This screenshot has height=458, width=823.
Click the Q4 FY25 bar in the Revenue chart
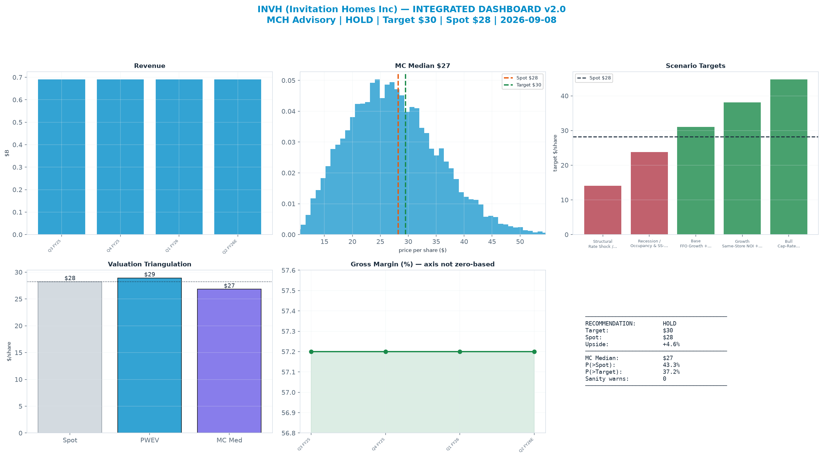tap(120, 157)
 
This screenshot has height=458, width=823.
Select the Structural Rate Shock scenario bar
tap(603, 210)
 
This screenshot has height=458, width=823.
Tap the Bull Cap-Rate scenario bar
tap(788, 157)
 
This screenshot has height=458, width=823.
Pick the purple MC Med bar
tap(229, 361)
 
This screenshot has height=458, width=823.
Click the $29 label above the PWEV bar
tap(150, 275)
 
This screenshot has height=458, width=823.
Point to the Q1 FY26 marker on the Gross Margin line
tap(460, 352)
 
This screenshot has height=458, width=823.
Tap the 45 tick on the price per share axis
tap(492, 242)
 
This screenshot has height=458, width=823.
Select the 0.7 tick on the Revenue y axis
tap(17, 77)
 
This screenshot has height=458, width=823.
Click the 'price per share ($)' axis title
tap(422, 250)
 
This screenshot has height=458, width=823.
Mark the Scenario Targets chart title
tap(695, 66)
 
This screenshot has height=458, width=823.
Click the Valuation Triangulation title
tap(150, 264)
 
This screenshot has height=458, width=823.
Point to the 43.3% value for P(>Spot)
tap(671, 365)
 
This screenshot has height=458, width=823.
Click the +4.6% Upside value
tap(671, 344)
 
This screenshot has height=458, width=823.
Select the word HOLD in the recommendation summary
tap(669, 323)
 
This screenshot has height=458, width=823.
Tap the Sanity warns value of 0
tap(665, 379)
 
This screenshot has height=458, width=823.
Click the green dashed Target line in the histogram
tap(406, 154)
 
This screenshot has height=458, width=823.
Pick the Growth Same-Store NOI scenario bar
tap(742, 168)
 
